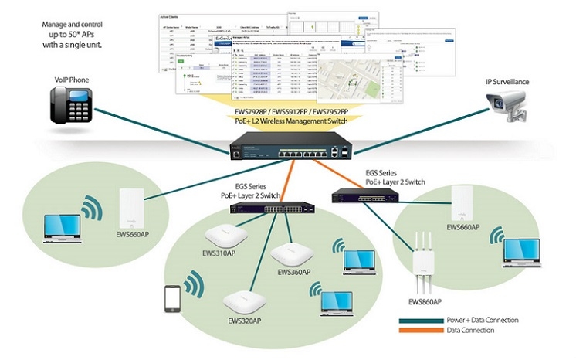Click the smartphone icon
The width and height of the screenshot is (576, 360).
point(172,301)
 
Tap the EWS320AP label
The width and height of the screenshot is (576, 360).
point(244,321)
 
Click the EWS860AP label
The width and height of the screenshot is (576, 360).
point(425,302)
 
